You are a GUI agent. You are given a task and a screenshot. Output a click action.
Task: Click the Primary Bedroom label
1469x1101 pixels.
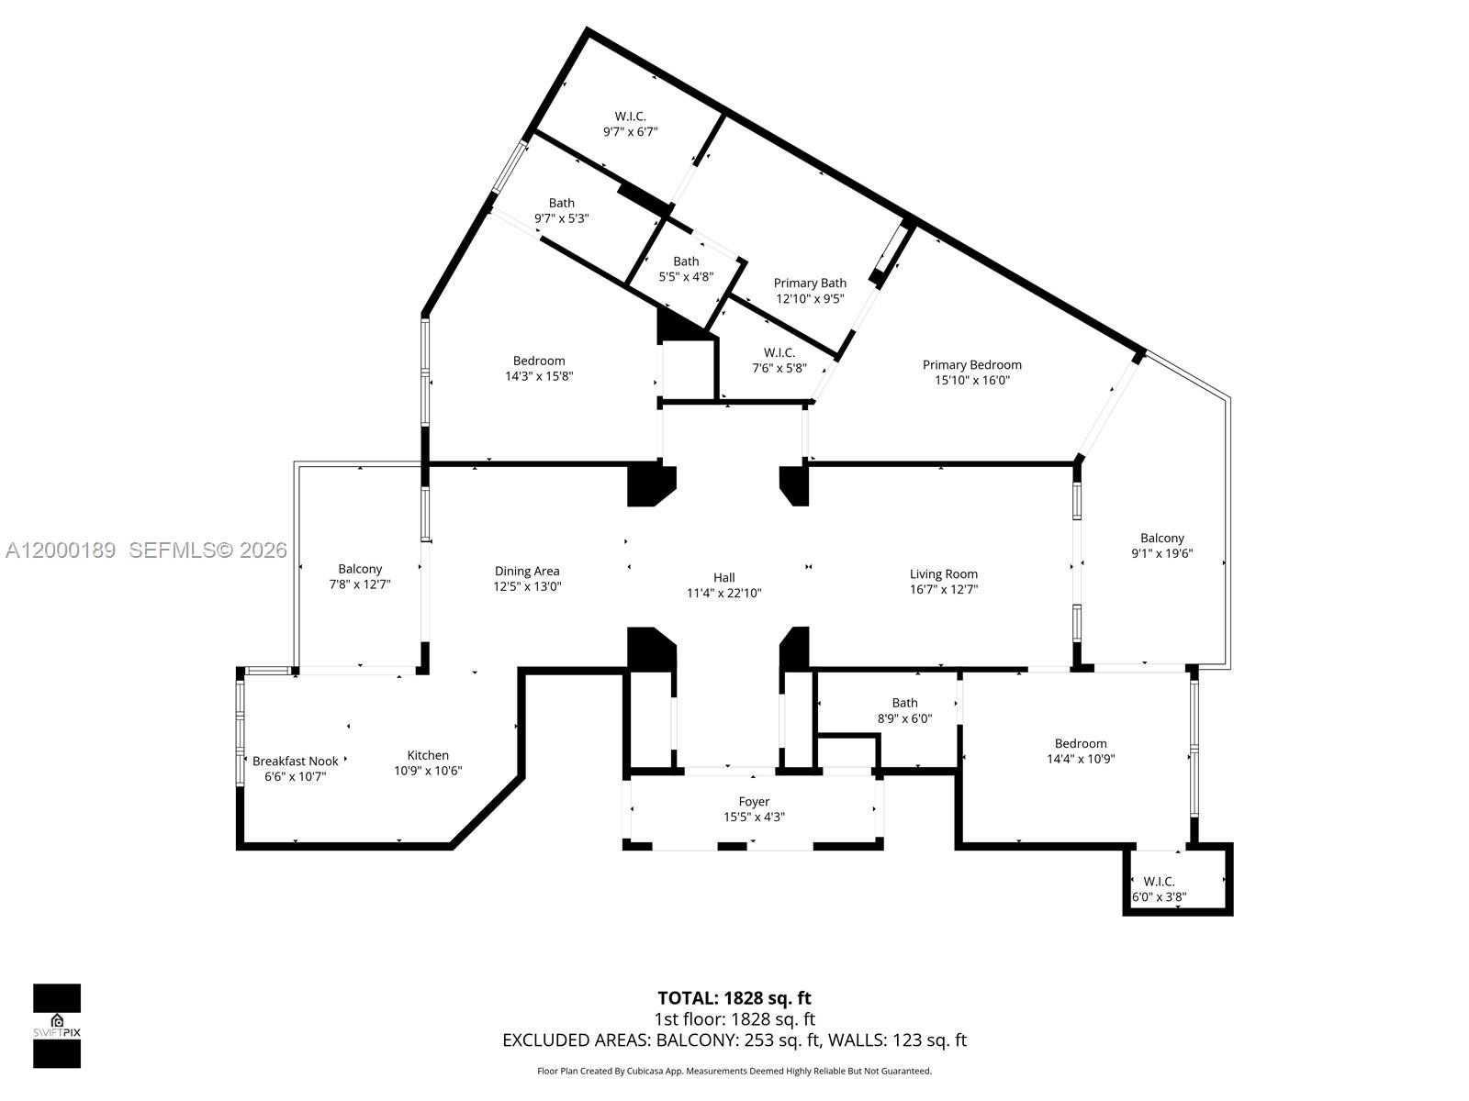971,364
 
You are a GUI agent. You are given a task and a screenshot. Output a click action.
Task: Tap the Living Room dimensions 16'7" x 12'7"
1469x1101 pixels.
943,590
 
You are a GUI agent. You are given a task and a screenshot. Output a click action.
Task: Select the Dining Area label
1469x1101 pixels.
527,571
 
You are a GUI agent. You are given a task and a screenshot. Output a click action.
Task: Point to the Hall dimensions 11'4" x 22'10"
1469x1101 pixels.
723,593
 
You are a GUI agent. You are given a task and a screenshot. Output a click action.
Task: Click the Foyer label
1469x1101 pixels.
754,801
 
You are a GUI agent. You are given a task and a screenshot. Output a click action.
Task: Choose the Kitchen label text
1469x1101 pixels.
428,755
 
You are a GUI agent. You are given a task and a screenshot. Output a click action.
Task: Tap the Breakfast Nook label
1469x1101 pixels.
295,761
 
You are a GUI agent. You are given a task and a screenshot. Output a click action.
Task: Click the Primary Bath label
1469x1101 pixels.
810,283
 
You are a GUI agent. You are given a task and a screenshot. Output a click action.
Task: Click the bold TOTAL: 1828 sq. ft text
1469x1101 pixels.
734,997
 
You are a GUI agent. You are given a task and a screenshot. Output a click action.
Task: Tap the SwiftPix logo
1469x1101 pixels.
57,1026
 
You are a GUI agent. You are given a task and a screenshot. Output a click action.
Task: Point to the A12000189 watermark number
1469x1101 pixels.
61,550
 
